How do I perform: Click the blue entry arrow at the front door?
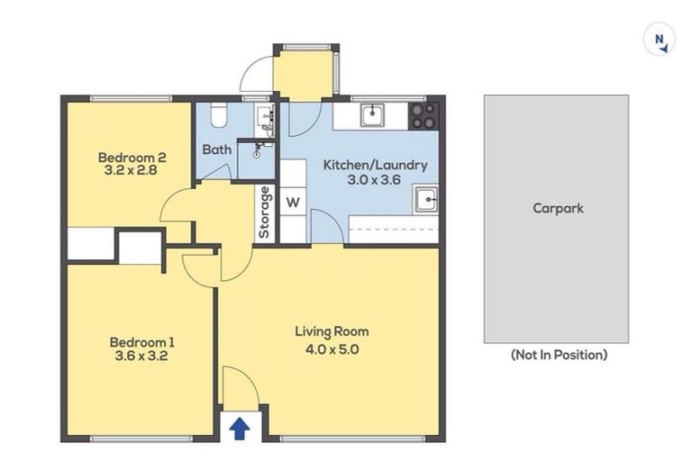(x=239, y=428)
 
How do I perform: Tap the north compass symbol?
(x=660, y=41)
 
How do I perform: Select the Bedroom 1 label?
(x=141, y=342)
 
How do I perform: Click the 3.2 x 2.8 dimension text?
(x=132, y=168)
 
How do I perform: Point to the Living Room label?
(x=332, y=331)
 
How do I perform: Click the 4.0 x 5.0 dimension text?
(x=332, y=349)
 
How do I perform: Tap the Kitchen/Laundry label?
(x=375, y=165)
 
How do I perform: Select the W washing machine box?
(x=293, y=202)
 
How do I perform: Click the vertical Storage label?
(x=265, y=212)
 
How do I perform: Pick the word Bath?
(x=216, y=149)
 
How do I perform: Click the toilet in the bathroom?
(x=217, y=115)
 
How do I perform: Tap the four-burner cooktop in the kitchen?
(x=423, y=114)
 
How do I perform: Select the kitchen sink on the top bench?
(x=371, y=114)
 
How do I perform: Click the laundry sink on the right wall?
(x=426, y=200)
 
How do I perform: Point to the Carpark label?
(x=557, y=208)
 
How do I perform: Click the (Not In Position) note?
(x=558, y=355)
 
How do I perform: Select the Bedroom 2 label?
(x=132, y=155)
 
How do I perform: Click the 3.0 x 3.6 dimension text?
(x=375, y=179)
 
